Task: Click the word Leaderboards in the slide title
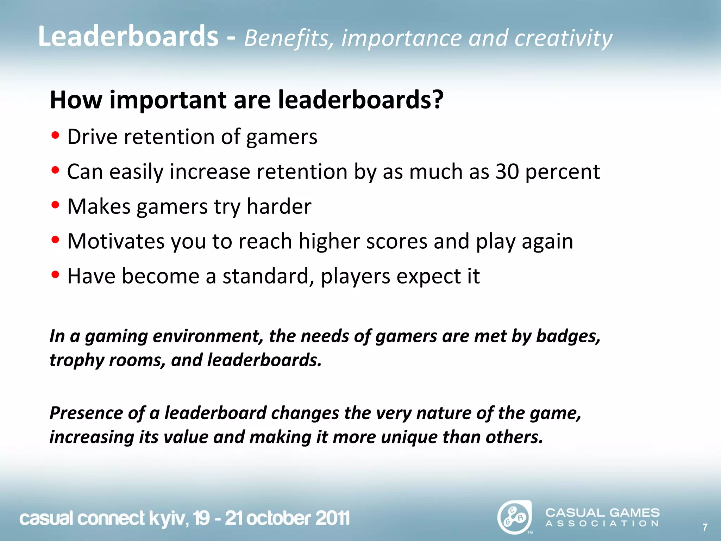click(128, 37)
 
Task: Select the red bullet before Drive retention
click(55, 136)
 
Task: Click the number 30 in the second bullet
click(507, 172)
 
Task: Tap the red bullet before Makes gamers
click(55, 205)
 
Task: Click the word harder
click(279, 206)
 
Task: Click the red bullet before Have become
click(55, 275)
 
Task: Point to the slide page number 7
click(705, 527)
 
